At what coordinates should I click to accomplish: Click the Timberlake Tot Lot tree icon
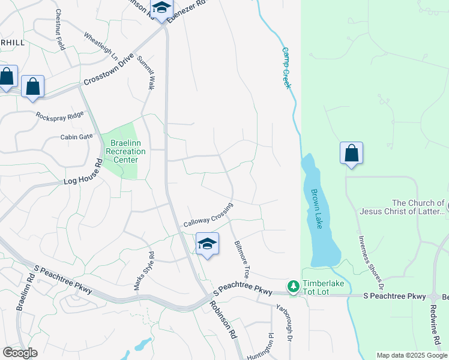(293, 287)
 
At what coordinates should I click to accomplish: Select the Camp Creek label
(286, 68)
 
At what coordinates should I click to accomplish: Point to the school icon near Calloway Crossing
(207, 244)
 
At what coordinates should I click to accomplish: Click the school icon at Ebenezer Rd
(161, 9)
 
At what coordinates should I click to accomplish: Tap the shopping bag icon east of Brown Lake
(351, 153)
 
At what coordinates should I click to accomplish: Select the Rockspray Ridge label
(60, 115)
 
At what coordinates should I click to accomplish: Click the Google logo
(20, 353)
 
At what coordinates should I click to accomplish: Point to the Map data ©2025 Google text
(411, 355)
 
